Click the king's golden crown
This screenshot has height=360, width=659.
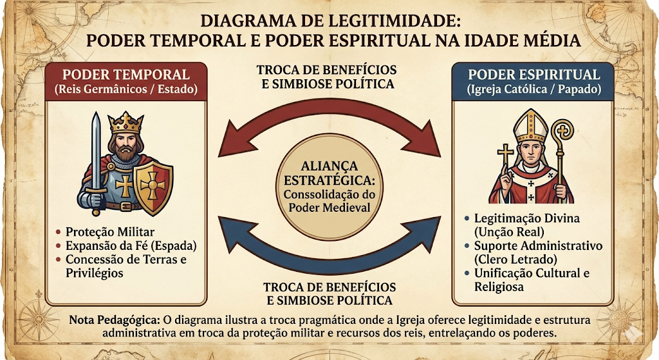tap(125, 123)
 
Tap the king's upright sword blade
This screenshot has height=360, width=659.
tap(97, 151)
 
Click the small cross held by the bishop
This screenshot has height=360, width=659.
tap(506, 156)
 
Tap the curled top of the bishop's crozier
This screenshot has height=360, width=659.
tap(562, 131)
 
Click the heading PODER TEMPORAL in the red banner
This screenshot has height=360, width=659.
tap(126, 75)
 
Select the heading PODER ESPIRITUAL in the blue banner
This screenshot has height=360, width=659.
tap(534, 75)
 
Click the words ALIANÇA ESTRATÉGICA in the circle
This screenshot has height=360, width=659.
tap(329, 173)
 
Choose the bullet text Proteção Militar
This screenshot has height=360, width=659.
tap(110, 232)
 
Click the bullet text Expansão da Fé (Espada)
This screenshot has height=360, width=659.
tap(131, 246)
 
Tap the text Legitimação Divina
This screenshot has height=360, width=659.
tap(527, 218)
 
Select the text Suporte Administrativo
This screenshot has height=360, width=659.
tap(539, 245)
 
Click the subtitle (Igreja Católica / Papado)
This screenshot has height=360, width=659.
tap(534, 90)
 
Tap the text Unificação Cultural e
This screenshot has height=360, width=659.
tap(532, 273)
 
